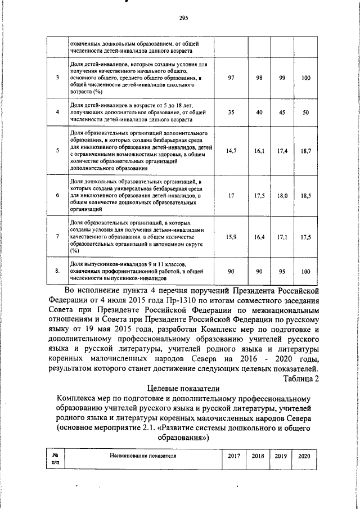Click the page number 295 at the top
coord(183,18)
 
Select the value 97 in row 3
coord(231,78)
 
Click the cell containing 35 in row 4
coord(231,112)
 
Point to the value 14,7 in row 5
coord(231,151)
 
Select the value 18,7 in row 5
coord(306,151)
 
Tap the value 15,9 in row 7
coord(231,237)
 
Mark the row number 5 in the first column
coord(58,151)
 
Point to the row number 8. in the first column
coord(58,271)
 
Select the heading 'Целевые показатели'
coord(183,389)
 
